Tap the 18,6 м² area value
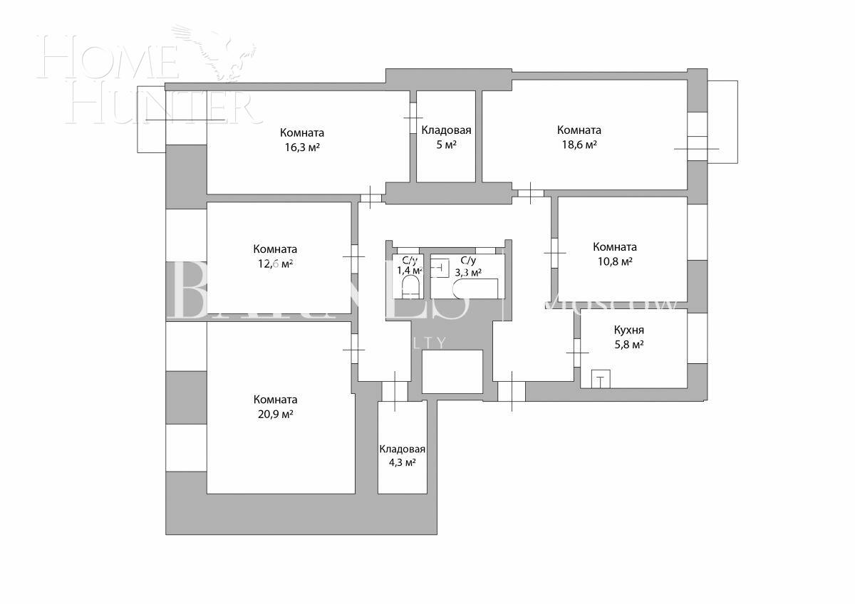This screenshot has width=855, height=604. [578, 145]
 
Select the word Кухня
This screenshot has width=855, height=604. [628, 330]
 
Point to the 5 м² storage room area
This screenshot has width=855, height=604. [446, 145]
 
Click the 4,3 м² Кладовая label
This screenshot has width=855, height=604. [402, 449]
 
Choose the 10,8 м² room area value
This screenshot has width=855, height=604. [614, 261]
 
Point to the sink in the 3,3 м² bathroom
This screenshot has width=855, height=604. [440, 269]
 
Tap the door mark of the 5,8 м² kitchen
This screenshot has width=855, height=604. [576, 350]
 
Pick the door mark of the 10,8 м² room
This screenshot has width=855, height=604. [554, 251]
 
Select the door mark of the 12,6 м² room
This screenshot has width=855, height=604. [353, 255]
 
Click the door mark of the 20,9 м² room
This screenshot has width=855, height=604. [353, 349]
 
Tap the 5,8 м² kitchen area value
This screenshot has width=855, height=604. [628, 345]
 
